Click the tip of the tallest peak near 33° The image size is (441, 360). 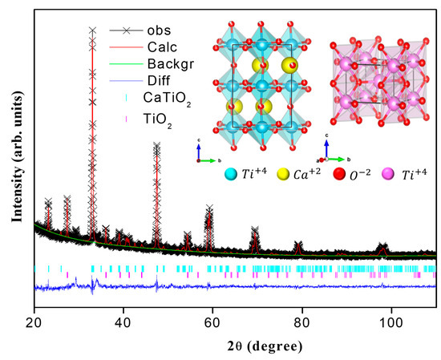pyautogui.click(x=92, y=30)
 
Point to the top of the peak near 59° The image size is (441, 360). pyautogui.click(x=209, y=208)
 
